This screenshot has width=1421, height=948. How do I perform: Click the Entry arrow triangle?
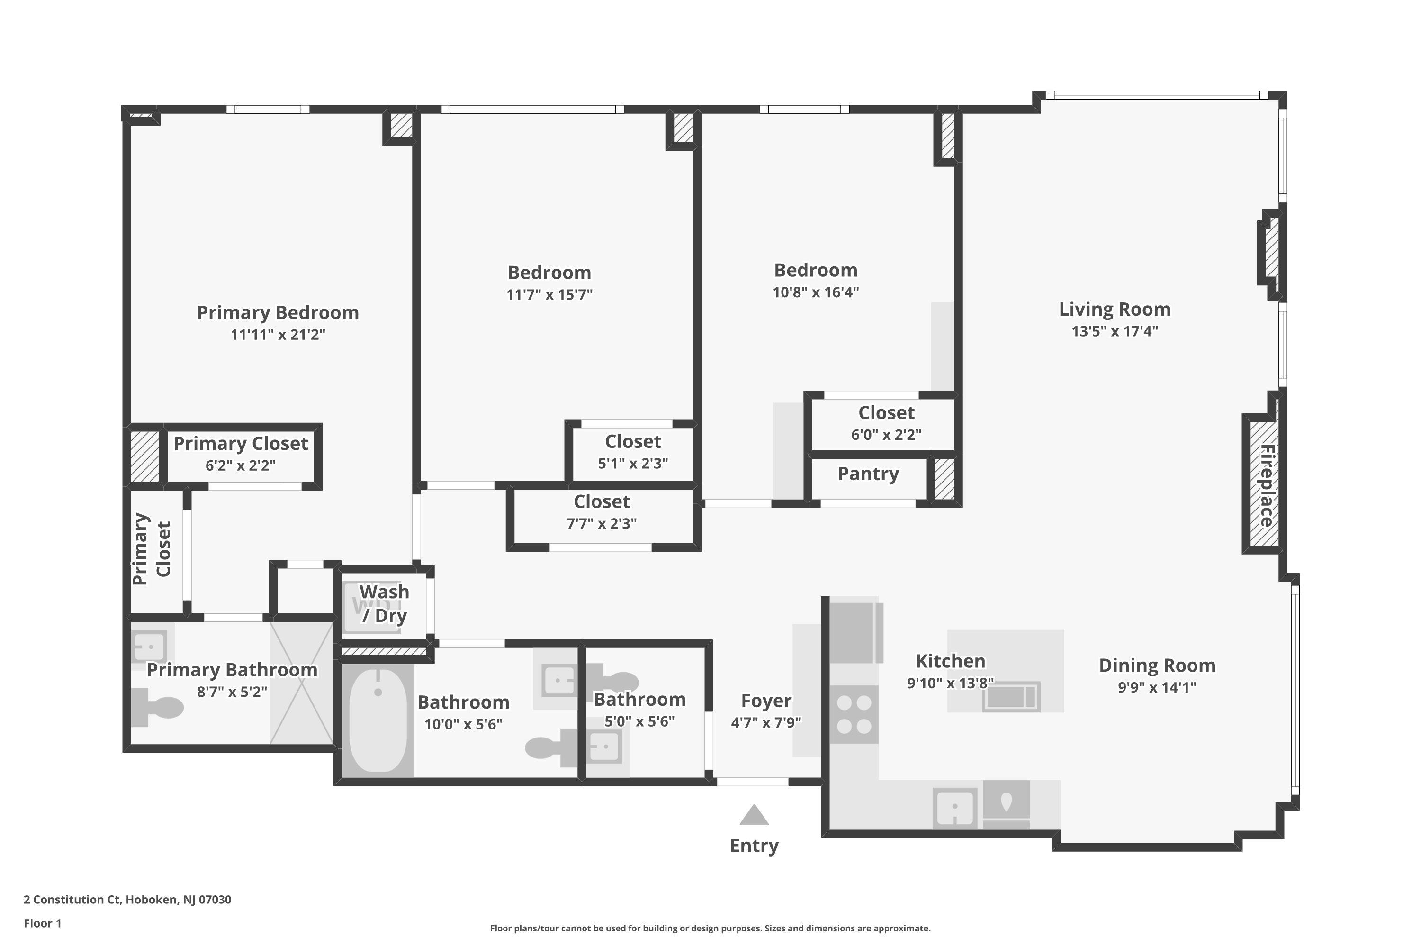coord(754,816)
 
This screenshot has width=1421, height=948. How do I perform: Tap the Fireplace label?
coord(1267,485)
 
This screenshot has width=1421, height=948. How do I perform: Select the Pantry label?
coord(868,474)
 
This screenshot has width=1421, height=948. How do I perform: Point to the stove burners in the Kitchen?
coord(854,714)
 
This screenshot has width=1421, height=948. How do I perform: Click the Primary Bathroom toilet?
coord(158,707)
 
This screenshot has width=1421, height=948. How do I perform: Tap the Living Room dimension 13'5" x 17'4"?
coord(1115,331)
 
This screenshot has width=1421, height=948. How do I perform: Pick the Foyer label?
coord(766,701)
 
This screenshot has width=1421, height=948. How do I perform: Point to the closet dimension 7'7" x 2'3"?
coord(602,524)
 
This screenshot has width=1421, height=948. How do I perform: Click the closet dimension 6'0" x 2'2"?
coord(886,435)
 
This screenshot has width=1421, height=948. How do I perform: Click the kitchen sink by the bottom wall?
coord(954,807)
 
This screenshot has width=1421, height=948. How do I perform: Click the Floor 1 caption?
coord(42,923)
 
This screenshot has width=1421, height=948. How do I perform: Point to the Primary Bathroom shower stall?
coord(301,683)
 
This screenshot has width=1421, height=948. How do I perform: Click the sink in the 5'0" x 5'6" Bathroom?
coord(604,747)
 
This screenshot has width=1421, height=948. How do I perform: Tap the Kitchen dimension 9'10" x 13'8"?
coord(950,683)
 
